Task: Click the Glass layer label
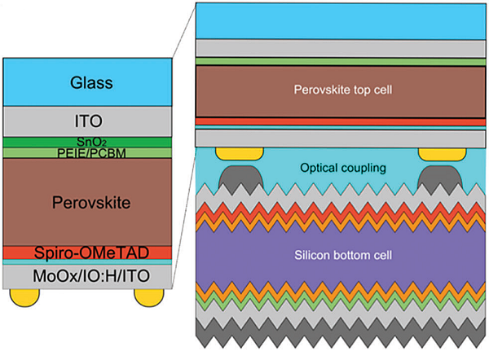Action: coord(90,82)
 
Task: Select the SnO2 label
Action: coord(90,143)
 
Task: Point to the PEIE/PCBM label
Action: coord(90,152)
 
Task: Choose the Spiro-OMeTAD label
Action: coord(90,252)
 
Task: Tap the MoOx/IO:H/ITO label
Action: coord(90,277)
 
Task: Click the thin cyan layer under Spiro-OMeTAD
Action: coord(90,263)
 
